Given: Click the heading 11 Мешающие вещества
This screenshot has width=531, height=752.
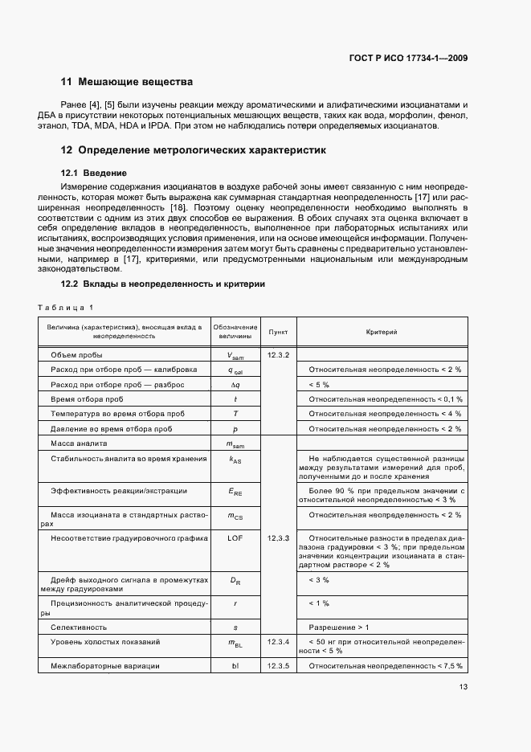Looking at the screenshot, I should [x=127, y=82].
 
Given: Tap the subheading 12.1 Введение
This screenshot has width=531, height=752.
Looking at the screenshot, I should [x=94, y=173].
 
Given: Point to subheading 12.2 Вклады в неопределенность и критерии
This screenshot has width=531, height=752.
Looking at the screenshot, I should [x=163, y=284].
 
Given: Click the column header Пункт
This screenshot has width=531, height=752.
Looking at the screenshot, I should [x=278, y=332].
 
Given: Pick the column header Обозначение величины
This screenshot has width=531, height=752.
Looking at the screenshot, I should [x=235, y=332].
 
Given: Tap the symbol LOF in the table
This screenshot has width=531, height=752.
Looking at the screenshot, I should [x=235, y=537].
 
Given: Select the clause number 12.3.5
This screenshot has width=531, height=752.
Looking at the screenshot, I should [x=278, y=665].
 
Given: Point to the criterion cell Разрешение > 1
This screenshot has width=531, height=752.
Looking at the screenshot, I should [x=339, y=627].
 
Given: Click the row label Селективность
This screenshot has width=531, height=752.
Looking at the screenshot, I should [x=79, y=627].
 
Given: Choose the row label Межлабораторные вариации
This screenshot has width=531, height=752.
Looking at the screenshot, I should [x=104, y=665].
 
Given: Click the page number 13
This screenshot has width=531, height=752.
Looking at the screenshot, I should [x=464, y=686].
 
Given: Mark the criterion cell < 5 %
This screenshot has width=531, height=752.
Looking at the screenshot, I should [x=320, y=384].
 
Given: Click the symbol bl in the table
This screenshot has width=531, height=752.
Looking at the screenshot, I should [x=235, y=665].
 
